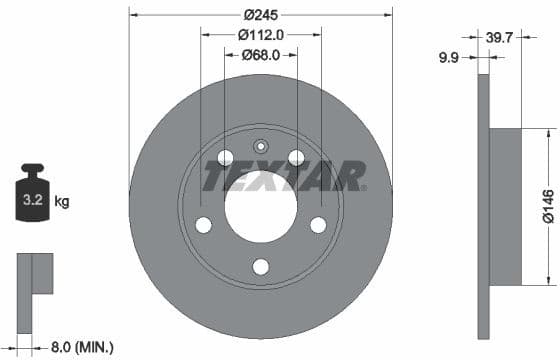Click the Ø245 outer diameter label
coord(261,15)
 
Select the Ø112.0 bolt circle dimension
coord(261,34)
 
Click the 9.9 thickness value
coord(448,59)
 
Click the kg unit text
coord(62,202)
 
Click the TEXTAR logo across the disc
coord(285,176)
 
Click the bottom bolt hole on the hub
coord(261,266)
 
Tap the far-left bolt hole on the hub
coord(204,225)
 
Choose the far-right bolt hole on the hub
coord(318,225)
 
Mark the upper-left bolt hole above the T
coord(225,157)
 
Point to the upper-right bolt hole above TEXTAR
coord(296,157)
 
